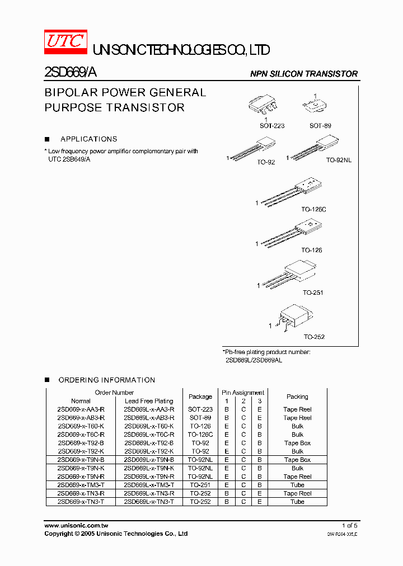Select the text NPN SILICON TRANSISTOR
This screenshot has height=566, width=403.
coord(303,74)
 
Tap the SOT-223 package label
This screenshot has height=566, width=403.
coord(272,126)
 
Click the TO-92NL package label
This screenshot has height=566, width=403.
coord(339,160)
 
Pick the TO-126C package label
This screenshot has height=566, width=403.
coord(313,209)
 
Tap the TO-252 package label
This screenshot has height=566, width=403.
coord(314,337)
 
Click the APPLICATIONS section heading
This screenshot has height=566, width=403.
coord(88,139)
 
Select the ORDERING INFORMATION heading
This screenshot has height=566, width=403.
coord(106,380)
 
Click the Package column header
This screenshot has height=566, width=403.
coord(200,397)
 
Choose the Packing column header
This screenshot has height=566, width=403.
coord(297,397)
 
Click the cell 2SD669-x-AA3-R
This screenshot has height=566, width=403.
coord(81,409)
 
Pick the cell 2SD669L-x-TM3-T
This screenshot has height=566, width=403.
coord(148,485)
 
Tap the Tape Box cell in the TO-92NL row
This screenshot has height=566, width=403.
coord(297,460)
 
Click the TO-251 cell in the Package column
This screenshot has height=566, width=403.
coord(200,485)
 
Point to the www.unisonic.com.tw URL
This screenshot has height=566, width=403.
coord(76,526)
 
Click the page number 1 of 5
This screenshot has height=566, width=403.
coord(349,526)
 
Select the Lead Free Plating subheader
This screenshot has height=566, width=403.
coord(148,401)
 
